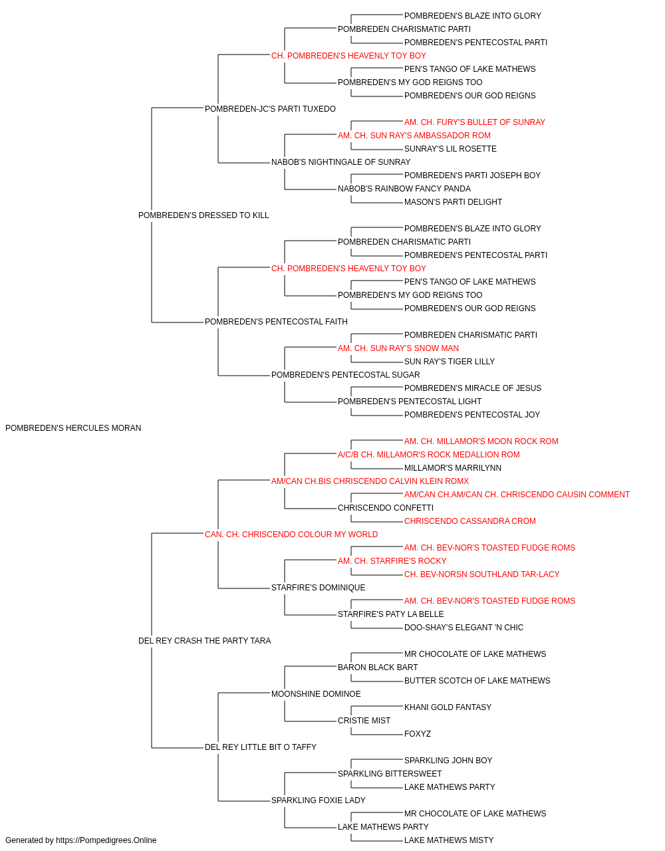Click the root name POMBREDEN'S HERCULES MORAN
[x=73, y=428]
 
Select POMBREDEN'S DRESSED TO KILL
[x=203, y=215]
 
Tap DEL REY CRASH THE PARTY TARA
[x=204, y=641]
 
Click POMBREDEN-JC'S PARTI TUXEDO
[x=270, y=109]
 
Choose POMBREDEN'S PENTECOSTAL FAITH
[x=276, y=322]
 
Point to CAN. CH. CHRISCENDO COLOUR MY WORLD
[x=291, y=535]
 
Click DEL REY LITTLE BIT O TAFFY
[x=261, y=747]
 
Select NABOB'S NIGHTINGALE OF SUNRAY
[x=340, y=162]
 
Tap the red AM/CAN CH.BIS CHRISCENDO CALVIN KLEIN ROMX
[x=370, y=481]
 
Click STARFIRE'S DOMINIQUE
[x=319, y=588]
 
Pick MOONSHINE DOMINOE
[x=316, y=694]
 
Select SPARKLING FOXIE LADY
[x=319, y=800]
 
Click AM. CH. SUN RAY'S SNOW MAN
[x=398, y=348]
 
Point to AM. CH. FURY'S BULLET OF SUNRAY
[x=475, y=122]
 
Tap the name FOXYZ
[x=418, y=734]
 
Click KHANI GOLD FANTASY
[x=448, y=707]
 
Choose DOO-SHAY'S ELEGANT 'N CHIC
[x=464, y=628]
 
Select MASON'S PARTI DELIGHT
[x=453, y=202]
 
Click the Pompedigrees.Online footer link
[x=106, y=840]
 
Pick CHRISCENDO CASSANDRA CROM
[x=470, y=521]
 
